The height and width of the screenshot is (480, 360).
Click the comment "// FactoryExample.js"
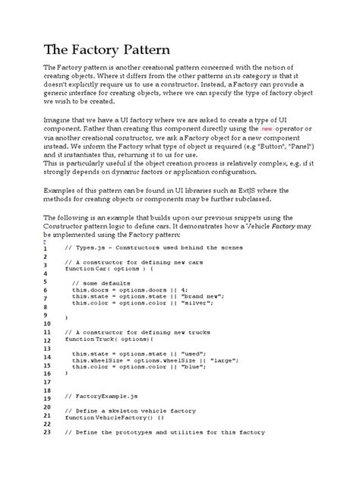click(103, 396)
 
